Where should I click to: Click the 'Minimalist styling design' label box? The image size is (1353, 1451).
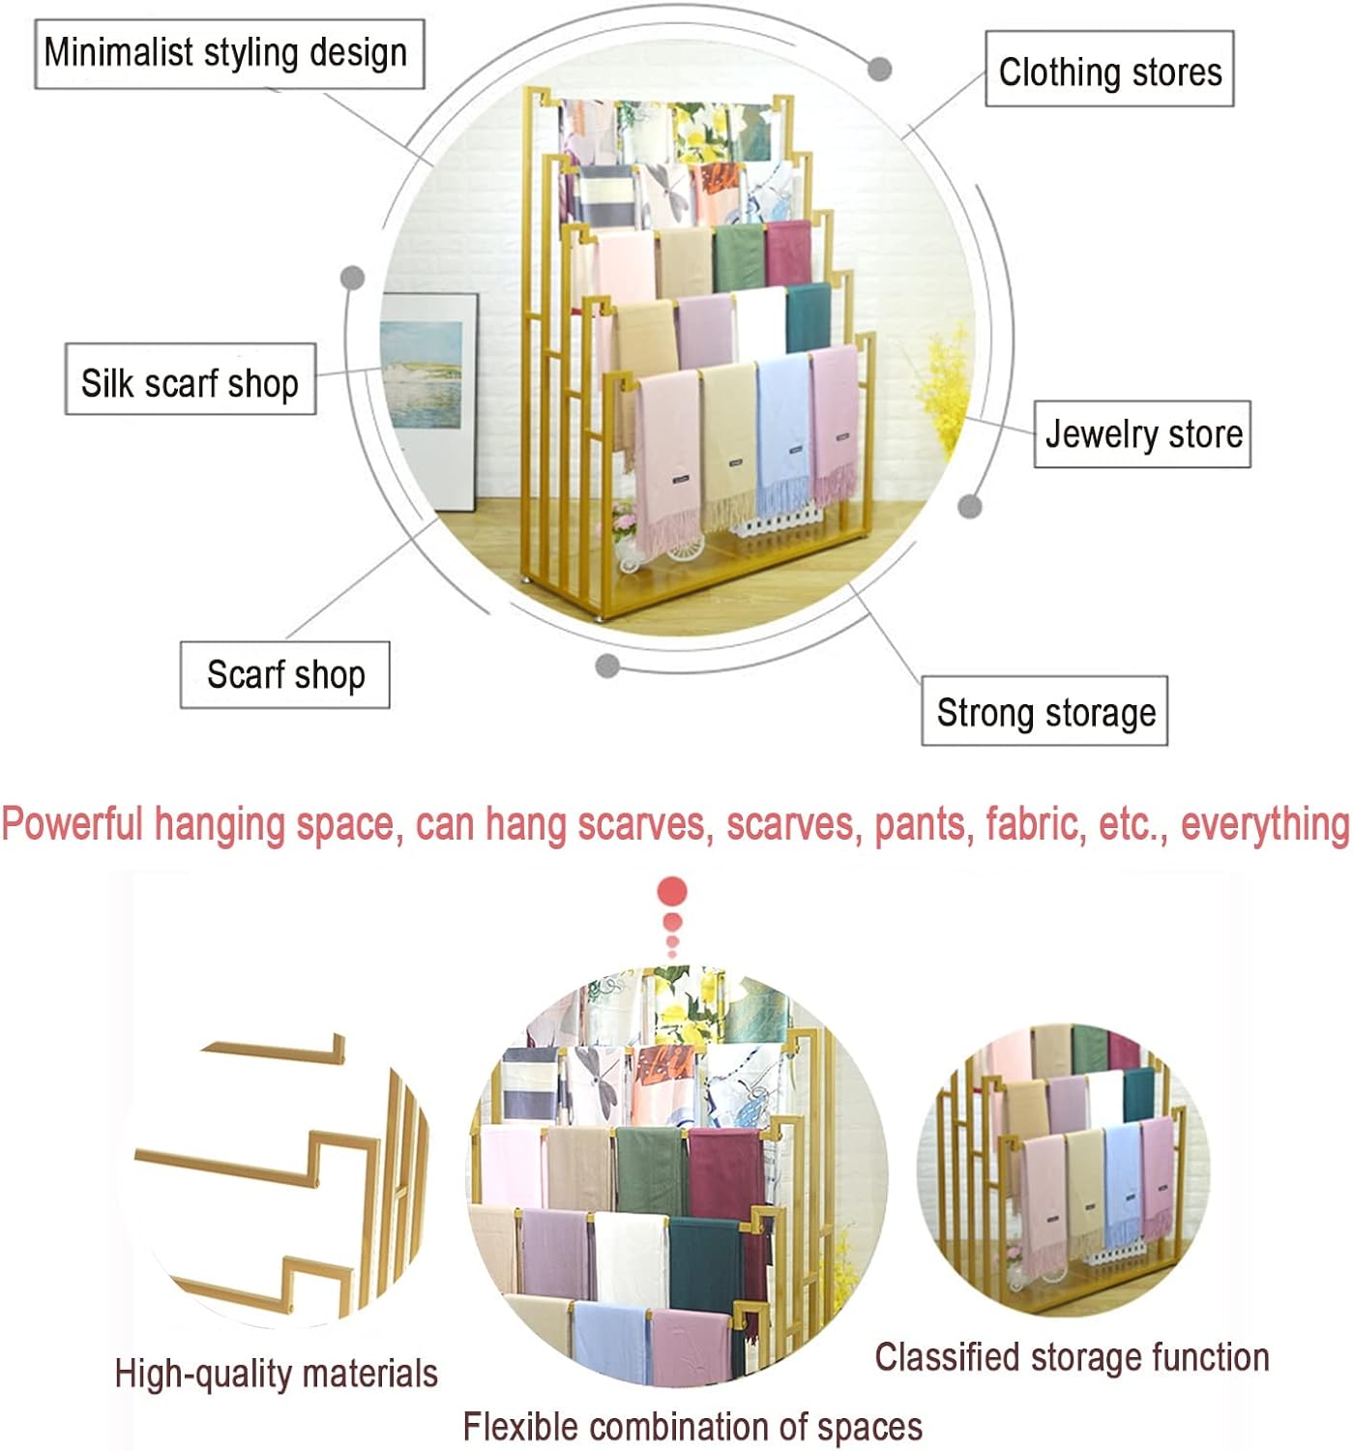(x=229, y=54)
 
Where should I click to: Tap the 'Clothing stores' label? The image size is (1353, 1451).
(x=1109, y=70)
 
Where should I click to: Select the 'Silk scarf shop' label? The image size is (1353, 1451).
(x=191, y=380)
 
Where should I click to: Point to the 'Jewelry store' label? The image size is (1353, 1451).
(x=1142, y=434)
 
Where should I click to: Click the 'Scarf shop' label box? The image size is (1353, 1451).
(x=285, y=674)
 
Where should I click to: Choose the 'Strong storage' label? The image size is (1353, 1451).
(x=1044, y=712)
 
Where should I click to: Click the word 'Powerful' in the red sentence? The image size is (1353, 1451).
(x=73, y=824)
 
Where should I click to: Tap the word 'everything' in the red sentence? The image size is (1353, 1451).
(x=1264, y=824)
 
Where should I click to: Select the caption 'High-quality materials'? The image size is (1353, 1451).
(x=276, y=1373)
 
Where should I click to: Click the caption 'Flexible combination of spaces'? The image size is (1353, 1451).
(x=691, y=1427)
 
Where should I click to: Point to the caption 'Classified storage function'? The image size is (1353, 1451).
(x=1072, y=1357)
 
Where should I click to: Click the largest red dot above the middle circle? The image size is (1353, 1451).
(x=671, y=892)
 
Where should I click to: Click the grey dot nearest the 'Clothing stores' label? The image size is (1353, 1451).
(x=879, y=69)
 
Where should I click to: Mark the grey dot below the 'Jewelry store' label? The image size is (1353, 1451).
(x=970, y=506)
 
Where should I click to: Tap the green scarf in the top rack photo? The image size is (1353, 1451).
(x=739, y=255)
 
